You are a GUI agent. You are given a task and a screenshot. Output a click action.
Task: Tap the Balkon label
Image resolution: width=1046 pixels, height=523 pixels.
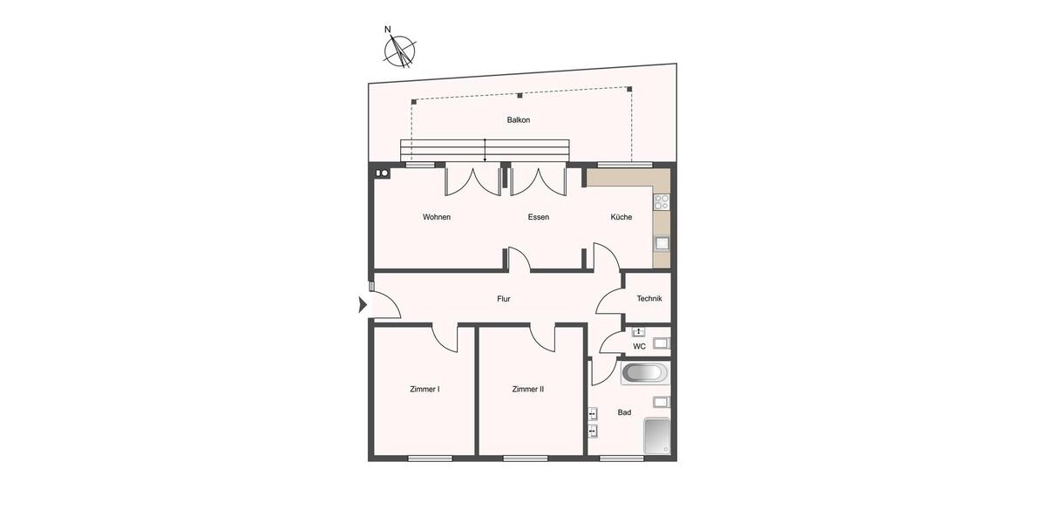click(519, 120)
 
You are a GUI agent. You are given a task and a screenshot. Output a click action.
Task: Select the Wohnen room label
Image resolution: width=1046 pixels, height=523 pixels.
click(437, 217)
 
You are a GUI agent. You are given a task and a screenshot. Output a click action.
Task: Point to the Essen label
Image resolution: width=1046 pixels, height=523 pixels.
click(539, 217)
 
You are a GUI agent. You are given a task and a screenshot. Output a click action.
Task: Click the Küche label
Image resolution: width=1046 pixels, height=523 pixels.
click(621, 217)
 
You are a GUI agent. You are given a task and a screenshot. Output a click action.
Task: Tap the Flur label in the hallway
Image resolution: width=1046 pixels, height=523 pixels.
click(504, 299)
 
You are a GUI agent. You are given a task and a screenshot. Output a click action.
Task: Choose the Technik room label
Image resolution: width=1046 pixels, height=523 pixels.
click(649, 298)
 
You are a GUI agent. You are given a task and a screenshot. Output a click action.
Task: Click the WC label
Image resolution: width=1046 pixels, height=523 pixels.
click(640, 346)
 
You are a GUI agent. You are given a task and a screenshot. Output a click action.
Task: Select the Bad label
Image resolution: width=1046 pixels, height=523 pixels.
click(624, 412)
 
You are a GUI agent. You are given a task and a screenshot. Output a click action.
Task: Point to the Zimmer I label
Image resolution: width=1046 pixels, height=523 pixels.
click(425, 390)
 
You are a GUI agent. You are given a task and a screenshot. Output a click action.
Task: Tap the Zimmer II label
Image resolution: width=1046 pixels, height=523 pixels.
click(528, 390)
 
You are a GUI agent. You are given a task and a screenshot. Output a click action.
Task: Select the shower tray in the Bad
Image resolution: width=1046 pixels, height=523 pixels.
click(656, 436)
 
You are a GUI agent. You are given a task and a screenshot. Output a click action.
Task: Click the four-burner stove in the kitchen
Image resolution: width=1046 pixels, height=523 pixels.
click(662, 203)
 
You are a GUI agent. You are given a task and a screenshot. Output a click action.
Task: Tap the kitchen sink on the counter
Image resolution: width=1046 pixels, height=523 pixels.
click(662, 243)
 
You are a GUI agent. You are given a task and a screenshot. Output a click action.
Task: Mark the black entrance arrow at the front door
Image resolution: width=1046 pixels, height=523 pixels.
click(363, 305)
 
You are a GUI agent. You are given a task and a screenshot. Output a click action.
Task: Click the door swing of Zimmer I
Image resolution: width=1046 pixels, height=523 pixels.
click(445, 337)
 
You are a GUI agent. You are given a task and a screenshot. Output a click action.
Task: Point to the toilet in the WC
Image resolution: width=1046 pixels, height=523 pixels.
click(661, 343)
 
